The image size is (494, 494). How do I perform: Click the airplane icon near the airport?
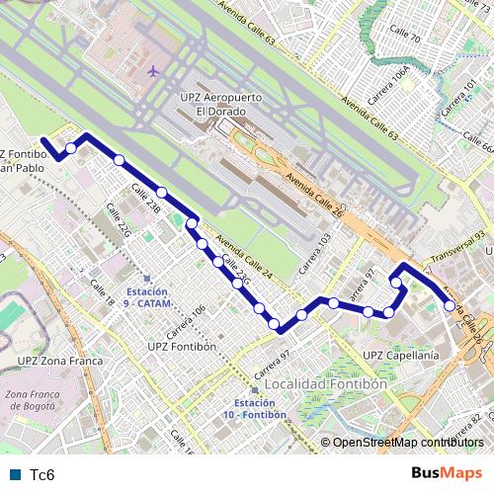[x=152, y=71]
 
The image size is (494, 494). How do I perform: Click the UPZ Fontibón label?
[x=181, y=346]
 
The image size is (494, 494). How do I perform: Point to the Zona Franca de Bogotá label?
[x=30, y=400]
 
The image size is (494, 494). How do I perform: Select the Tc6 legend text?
[x=42, y=475]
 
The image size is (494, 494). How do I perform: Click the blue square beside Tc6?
[x=16, y=475]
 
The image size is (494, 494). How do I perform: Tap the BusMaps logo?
[x=448, y=473]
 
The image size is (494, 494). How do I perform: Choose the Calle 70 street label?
[x=404, y=37]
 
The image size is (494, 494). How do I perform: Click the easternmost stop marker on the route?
[x=451, y=305]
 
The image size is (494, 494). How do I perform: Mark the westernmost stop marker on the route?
[x=71, y=148]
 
